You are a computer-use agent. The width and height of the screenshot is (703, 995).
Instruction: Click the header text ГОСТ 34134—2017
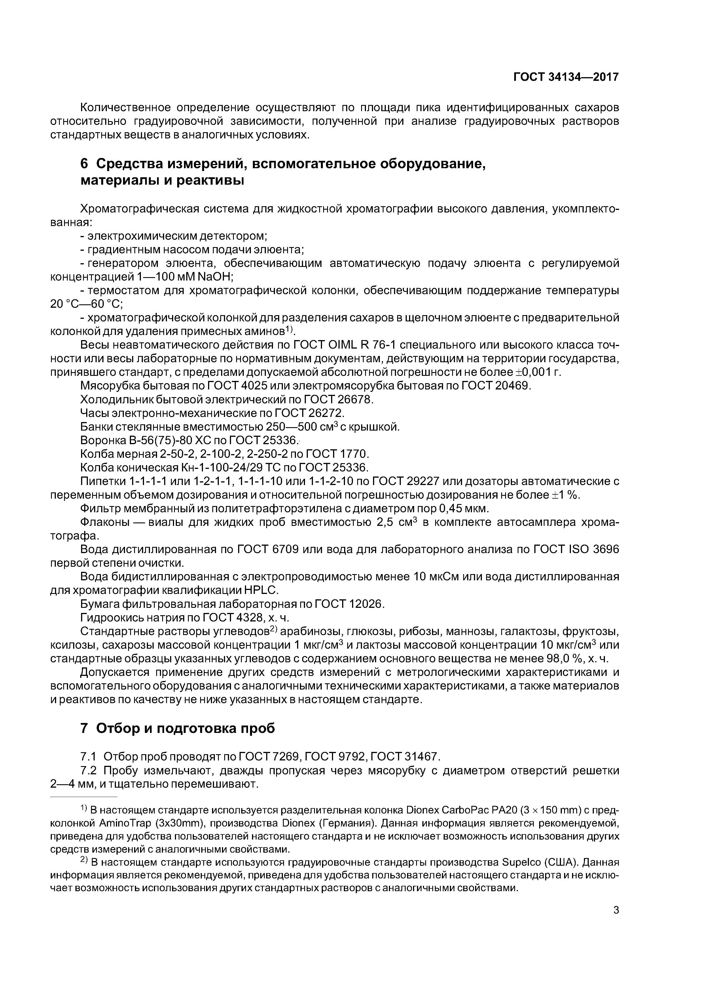pos(566,77)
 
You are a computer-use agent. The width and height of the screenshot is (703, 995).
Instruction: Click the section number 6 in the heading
pos(84,164)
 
